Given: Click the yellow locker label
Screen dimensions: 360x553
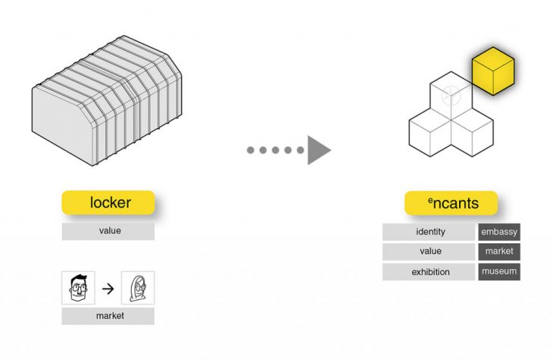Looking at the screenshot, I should (108, 202).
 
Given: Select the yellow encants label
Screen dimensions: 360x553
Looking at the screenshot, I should (451, 203).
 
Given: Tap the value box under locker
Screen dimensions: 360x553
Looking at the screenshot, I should (108, 231).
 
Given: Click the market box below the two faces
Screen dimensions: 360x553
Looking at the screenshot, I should (108, 316).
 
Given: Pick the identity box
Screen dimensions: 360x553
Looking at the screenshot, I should (430, 232).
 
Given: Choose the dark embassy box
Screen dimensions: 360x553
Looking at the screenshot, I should (499, 232).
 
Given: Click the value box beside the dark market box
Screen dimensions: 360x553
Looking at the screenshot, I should (430, 252).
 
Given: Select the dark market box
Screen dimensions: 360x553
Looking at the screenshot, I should (499, 252).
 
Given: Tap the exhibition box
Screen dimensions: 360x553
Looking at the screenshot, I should (430, 271).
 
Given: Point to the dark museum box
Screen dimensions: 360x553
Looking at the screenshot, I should (499, 271).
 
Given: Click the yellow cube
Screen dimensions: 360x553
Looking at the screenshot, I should (493, 73).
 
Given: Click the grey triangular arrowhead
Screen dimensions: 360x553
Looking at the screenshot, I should (318, 149).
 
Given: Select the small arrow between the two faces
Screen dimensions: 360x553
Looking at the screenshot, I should (108, 288).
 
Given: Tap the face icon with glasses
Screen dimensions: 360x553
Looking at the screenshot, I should (78, 288).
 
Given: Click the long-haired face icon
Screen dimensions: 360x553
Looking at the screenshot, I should (138, 288).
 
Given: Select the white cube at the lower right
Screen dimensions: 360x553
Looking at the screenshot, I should (473, 133).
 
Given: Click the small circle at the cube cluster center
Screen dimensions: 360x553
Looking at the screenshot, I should (451, 95).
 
